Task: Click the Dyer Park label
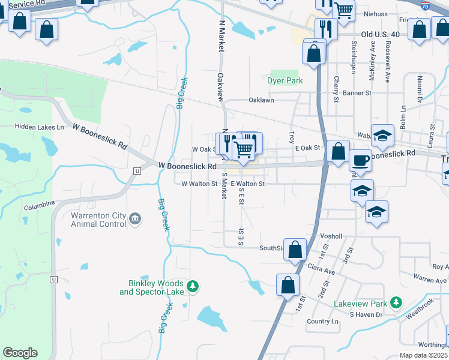285,80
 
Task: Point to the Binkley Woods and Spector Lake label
153,287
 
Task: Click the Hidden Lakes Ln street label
40,127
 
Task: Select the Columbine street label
39,206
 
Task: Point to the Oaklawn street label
262,101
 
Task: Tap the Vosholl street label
331,236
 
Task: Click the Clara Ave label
320,270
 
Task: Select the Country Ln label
322,322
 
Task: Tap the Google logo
20,353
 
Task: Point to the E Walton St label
247,184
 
